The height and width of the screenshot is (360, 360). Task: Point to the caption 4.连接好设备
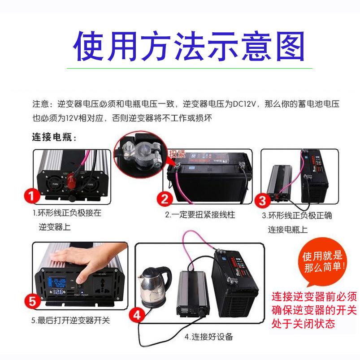coord(209,337)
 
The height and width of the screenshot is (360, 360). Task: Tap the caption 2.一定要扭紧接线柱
coord(200,215)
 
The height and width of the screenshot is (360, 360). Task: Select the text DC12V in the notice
coord(243,104)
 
